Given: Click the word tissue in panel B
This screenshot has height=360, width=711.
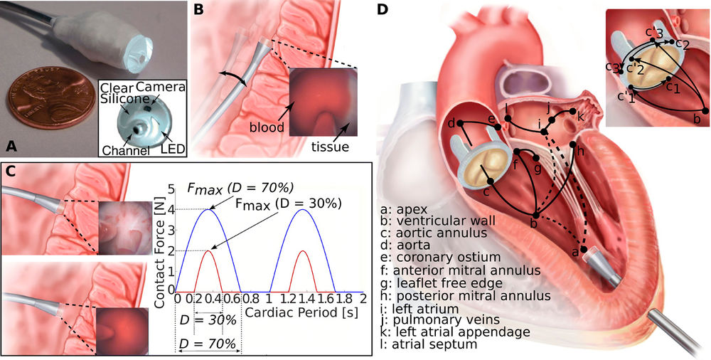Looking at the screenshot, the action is click(331, 146).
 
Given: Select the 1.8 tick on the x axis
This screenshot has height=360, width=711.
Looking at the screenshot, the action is click(343, 299).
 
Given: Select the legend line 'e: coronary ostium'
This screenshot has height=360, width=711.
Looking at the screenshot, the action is click(442, 258).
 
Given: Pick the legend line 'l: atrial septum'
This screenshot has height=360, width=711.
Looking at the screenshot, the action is click(429, 344).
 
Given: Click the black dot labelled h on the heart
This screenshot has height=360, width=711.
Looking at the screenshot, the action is click(572, 144).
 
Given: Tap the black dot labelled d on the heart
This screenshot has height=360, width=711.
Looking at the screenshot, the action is click(459, 122).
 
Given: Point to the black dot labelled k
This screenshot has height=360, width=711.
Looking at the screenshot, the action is click(572, 111).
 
